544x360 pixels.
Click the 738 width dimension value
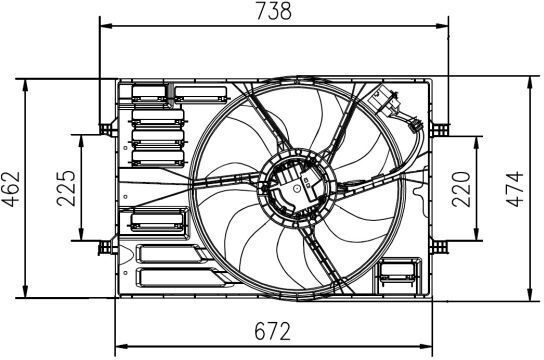(x=274, y=11)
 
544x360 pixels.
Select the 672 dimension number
(x=272, y=331)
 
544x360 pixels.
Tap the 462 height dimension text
(x=11, y=189)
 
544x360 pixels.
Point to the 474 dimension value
(x=515, y=189)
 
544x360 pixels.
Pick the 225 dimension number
(x=66, y=188)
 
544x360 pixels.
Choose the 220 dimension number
(x=461, y=189)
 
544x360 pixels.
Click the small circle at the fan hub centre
(x=297, y=188)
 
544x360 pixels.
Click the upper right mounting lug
(x=440, y=128)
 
